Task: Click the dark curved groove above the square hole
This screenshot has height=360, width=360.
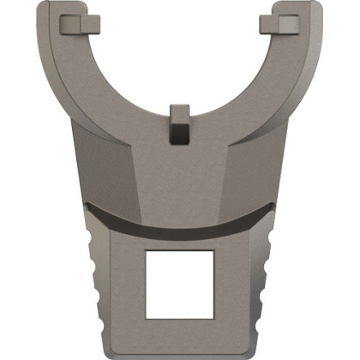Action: [x=179, y=225]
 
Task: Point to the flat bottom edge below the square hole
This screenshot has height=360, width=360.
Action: [x=179, y=351]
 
